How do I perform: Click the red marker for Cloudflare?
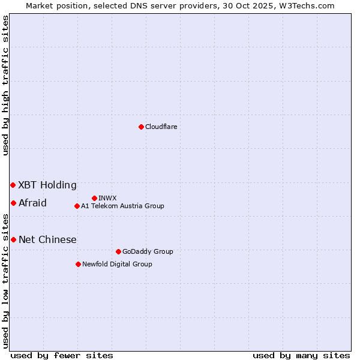[141, 127]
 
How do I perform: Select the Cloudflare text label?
[161, 127]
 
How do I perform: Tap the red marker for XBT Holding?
[13, 185]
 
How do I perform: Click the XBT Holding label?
[47, 185]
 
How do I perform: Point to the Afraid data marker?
[13, 203]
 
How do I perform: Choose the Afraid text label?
[32, 203]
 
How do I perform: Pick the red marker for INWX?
[94, 198]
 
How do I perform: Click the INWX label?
[107, 198]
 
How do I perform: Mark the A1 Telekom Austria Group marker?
[77, 206]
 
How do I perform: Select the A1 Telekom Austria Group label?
[122, 206]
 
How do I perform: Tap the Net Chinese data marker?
[13, 239]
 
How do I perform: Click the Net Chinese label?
[47, 239]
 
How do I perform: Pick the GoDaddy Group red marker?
[118, 251]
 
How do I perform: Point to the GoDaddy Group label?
[148, 251]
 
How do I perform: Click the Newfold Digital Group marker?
[78, 264]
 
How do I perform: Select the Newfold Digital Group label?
[117, 264]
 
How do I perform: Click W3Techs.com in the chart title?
[310, 5]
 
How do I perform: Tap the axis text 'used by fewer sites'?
[62, 355]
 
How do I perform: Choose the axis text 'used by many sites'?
[301, 355]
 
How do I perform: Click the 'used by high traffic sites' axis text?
[5, 85]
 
